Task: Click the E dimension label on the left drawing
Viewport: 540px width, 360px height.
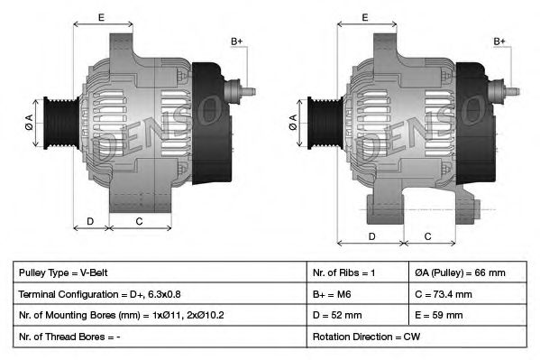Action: pos(101,17)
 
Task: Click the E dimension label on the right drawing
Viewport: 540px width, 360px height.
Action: pos(365,17)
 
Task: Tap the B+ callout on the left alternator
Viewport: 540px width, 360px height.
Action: pos(237,42)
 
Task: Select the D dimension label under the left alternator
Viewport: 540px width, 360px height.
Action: pos(90,220)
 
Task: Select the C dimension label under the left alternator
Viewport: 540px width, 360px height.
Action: pos(139,220)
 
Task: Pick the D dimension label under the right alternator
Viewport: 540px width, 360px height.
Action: pos(372,236)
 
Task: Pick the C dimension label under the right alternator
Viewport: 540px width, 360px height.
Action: pos(428,236)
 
